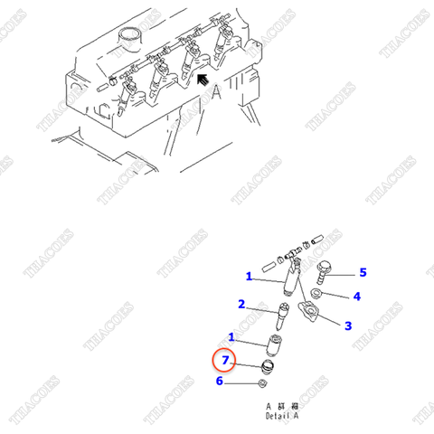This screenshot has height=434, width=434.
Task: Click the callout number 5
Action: [363, 272]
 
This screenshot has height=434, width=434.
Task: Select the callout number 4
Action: [356, 296]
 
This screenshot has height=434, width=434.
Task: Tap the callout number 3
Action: [347, 325]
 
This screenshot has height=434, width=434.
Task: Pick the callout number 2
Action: [241, 304]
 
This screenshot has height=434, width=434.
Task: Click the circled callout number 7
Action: [226, 362]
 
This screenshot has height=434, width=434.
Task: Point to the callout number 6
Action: [220, 382]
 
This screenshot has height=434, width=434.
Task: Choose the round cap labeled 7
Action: [268, 366]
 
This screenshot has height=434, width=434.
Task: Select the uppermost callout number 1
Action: [249, 276]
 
